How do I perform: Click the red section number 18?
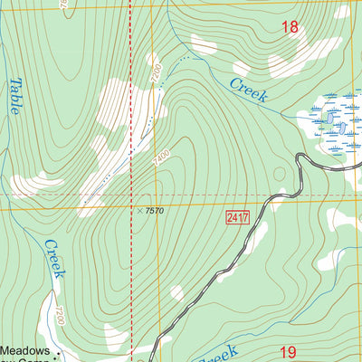point(290,28)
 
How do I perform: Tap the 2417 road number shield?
point(237,217)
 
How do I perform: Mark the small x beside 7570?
point(139,211)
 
